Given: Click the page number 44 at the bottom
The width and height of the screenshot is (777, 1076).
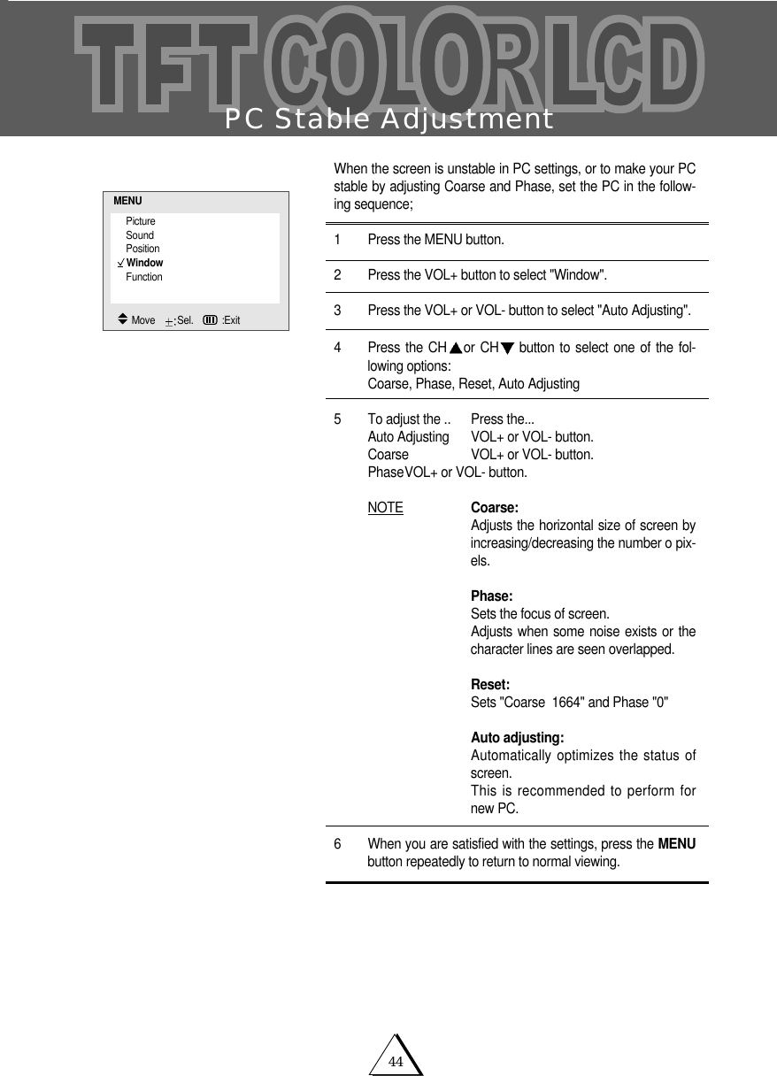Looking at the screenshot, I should point(396,1062).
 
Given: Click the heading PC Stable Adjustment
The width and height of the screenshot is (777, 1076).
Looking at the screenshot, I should point(388,119).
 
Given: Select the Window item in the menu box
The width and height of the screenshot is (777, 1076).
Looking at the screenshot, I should point(144,263).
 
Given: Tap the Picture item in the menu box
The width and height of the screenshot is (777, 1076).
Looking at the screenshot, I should point(140,220).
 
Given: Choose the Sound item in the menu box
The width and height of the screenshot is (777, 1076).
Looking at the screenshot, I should point(139,234).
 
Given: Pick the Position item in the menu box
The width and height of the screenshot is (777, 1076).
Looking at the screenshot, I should point(142,249).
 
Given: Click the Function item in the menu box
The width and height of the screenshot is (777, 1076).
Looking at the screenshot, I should point(143,277).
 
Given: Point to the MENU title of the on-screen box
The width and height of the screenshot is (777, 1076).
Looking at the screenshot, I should point(127,202).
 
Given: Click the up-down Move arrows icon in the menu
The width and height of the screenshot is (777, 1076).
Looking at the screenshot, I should point(122,319).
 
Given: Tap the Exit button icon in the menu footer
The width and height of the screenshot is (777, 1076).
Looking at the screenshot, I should point(211,319).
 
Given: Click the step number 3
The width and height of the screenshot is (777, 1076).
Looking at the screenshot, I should point(337,310).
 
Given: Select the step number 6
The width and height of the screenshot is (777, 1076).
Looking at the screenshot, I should point(337,844).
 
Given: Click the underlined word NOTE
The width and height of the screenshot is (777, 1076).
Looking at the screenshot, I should point(385,508).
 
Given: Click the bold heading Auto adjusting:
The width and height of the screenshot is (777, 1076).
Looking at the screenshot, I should point(518,738).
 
